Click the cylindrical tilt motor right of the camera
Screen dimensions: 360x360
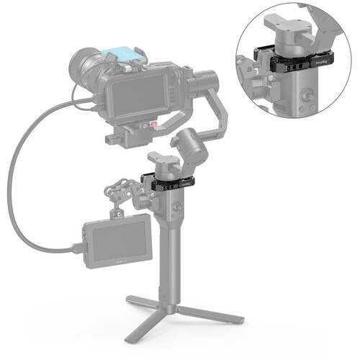point(206,79)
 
